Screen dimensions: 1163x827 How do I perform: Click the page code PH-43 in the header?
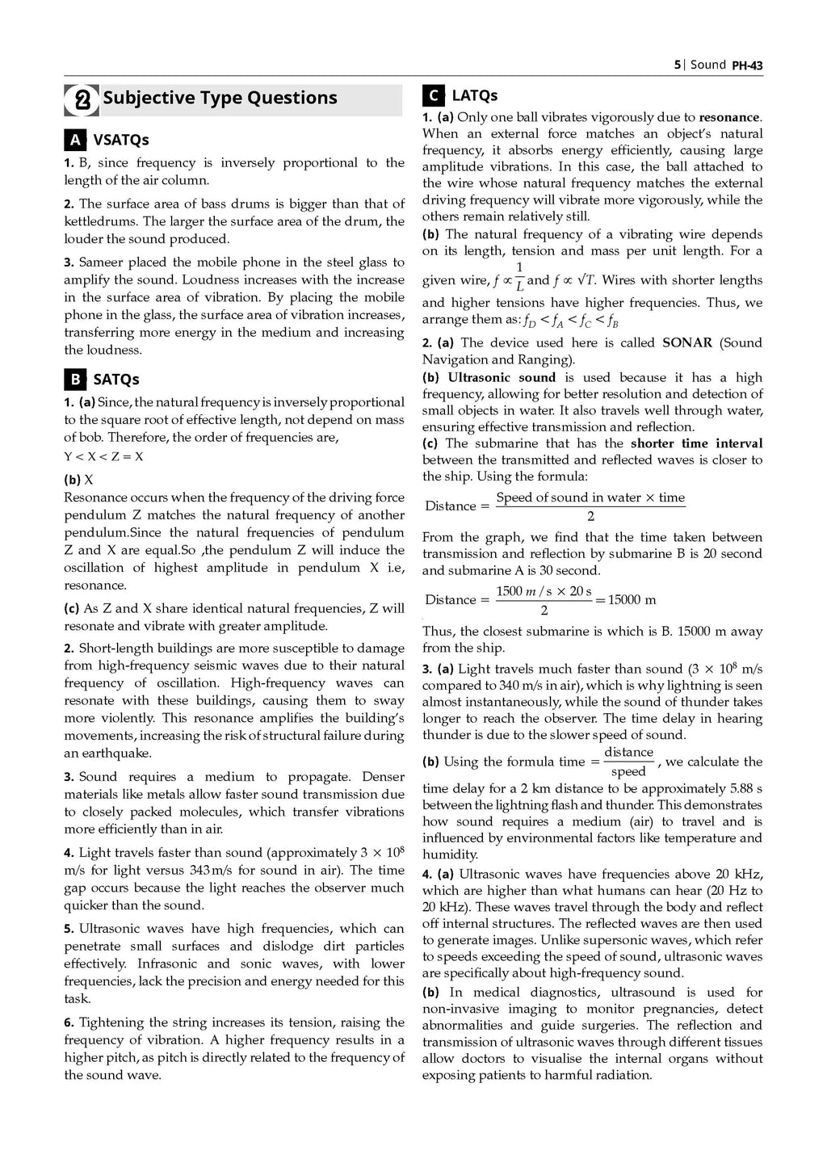click(x=747, y=65)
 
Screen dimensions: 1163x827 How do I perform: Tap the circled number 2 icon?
click(x=82, y=100)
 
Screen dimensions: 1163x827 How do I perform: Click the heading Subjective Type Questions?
click(x=220, y=99)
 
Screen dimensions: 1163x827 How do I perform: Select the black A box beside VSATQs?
click(x=75, y=140)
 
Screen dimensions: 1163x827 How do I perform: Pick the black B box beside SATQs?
click(x=75, y=379)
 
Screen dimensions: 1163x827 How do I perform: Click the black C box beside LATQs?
click(x=433, y=96)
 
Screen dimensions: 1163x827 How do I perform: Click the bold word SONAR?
click(x=687, y=342)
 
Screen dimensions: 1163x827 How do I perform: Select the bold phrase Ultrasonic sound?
click(x=502, y=377)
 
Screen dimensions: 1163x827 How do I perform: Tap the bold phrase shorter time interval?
click(x=696, y=443)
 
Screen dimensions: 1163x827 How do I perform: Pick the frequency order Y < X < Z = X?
click(x=104, y=456)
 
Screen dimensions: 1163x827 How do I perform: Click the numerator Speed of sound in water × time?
click(x=590, y=498)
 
